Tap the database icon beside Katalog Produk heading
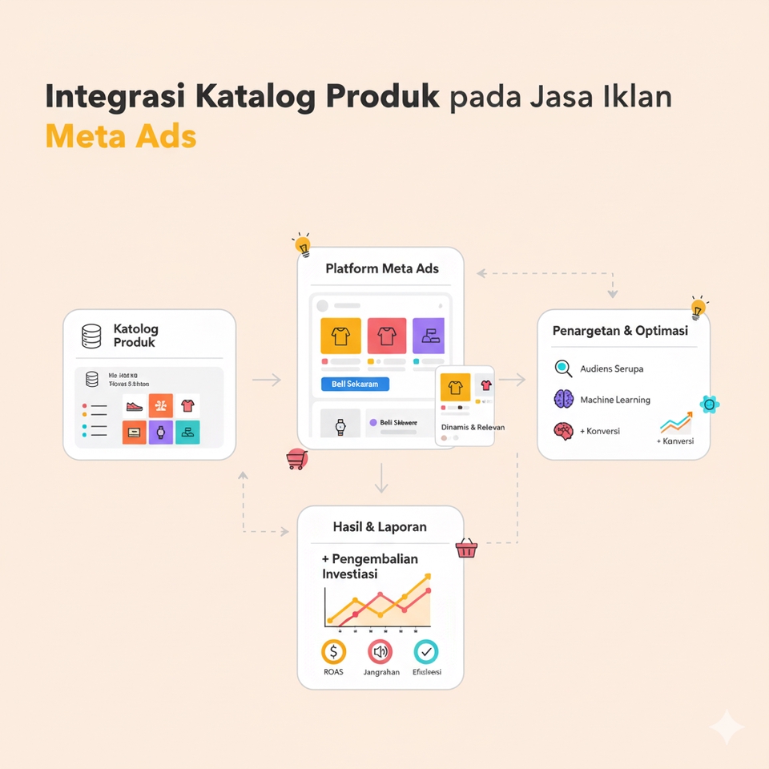pos(91,336)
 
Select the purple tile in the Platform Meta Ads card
pos(428,336)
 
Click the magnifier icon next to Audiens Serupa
pos(564,368)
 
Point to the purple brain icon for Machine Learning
pos(564,399)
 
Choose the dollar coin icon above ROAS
pos(332,652)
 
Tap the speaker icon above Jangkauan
pos(380,652)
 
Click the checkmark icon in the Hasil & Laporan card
pos(426,652)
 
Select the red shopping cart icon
pos(296,459)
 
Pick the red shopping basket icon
pos(466,549)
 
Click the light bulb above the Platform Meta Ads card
pos(302,244)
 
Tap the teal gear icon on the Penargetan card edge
pos(708,404)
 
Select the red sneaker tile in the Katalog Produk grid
pos(135,406)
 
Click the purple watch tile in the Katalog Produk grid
pos(161,433)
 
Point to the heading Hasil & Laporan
pos(380,527)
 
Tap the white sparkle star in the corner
pos(727,727)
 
